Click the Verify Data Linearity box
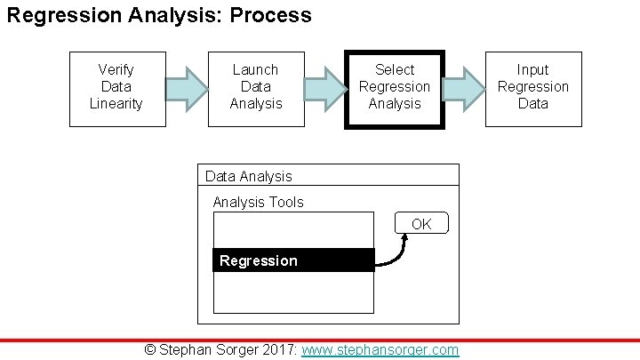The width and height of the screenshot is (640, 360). [117, 89]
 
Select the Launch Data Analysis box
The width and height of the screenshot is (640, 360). [256, 89]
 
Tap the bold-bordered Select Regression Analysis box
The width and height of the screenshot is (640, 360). [395, 89]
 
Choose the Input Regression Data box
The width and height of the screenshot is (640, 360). [533, 89]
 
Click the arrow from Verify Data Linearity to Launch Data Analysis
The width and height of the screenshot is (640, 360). [187, 89]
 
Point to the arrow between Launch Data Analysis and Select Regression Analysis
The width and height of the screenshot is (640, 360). [325, 89]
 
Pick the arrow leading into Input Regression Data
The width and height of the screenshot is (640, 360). [464, 89]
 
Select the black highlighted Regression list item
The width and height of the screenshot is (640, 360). [294, 260]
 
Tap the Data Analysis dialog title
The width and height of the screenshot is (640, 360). [249, 176]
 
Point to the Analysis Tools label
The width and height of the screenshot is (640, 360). [258, 202]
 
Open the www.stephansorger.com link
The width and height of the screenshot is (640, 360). [380, 349]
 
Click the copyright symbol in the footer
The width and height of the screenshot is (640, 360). [150, 349]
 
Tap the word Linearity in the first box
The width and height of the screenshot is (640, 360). [116, 104]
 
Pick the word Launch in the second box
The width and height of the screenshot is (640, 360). [256, 70]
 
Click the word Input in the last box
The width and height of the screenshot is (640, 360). [533, 70]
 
